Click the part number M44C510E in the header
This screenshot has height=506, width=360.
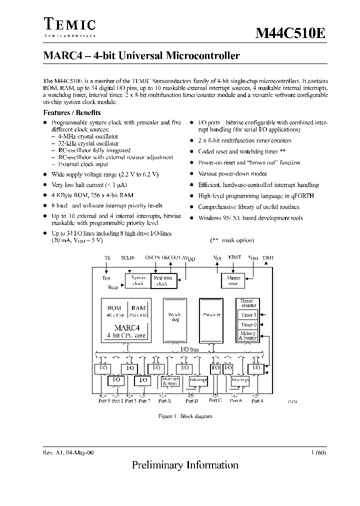(x=290, y=34)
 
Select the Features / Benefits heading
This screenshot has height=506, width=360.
(x=72, y=113)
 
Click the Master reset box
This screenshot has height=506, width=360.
(x=233, y=280)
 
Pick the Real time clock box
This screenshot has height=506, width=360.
(x=162, y=280)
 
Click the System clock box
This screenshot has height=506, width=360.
(x=137, y=280)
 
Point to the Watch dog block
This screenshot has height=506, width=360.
(x=174, y=318)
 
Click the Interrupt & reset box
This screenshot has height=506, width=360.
(x=170, y=381)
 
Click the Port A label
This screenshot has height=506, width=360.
(x=164, y=400)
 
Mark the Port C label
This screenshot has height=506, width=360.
(x=215, y=400)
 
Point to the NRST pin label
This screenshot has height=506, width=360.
(x=234, y=257)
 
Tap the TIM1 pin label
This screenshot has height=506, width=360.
(x=268, y=257)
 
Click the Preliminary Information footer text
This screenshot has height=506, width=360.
(x=185, y=465)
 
